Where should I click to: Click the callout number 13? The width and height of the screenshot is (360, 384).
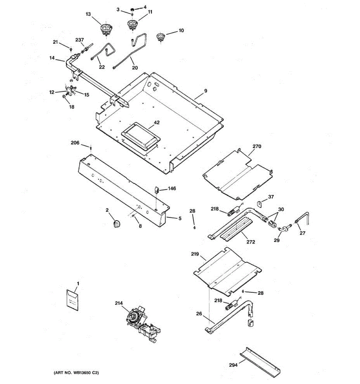click(88, 14)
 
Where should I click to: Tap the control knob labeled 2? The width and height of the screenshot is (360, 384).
click(117, 223)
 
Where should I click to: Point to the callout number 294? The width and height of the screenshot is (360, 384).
click(233, 365)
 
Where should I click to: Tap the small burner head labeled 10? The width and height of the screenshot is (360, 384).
click(160, 37)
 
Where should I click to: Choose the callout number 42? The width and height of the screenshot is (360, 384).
click(156, 123)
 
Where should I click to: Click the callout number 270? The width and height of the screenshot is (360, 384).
click(257, 147)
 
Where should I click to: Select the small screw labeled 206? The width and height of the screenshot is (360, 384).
click(91, 148)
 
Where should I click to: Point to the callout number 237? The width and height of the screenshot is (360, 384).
click(79, 40)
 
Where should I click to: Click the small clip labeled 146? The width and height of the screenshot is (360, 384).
click(157, 190)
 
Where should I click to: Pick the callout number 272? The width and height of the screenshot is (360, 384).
click(251, 242)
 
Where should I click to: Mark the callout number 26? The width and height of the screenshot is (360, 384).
click(199, 314)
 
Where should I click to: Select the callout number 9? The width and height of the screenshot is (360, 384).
click(206, 91)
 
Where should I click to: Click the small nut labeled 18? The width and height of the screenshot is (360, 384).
click(65, 96)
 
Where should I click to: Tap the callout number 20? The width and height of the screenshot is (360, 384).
click(135, 68)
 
